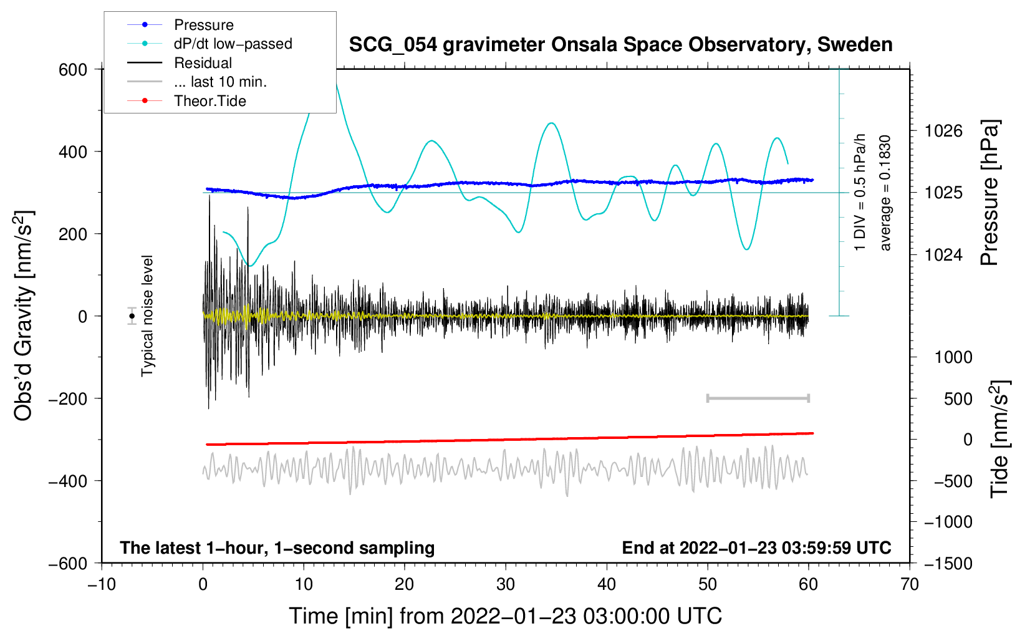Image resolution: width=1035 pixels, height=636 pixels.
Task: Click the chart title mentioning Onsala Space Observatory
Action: tap(620, 45)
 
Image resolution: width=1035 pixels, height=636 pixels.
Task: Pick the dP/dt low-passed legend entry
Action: tap(209, 44)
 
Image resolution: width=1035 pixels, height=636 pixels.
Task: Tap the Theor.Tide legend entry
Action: tap(186, 101)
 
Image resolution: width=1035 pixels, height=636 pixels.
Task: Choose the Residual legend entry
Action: tap(180, 63)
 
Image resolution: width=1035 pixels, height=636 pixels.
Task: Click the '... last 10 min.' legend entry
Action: tap(197, 82)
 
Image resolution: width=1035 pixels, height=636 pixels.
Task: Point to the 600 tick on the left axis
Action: tap(72, 70)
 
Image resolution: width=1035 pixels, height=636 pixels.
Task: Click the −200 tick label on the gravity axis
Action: tap(68, 399)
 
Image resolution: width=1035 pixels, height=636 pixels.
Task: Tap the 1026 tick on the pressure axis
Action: tap(943, 131)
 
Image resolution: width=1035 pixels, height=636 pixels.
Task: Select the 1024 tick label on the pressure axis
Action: tap(943, 254)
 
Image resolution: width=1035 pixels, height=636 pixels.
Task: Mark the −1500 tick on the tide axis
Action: tap(948, 564)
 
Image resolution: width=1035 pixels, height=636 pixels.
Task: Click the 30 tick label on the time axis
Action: tap(506, 584)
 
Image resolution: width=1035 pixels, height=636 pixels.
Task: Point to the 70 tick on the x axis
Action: tap(909, 584)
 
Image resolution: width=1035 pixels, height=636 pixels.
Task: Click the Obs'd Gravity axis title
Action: tap(24, 316)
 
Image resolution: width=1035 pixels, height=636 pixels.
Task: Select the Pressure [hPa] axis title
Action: tap(989, 193)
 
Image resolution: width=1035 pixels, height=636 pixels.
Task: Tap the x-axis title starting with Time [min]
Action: tap(505, 616)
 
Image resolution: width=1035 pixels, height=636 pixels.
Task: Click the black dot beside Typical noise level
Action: tap(132, 316)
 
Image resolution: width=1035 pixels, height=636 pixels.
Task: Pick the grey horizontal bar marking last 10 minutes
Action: tap(758, 398)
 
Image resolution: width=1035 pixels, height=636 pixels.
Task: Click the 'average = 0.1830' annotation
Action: tap(884, 193)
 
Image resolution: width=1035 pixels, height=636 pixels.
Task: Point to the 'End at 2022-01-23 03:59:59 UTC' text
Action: tap(756, 547)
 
